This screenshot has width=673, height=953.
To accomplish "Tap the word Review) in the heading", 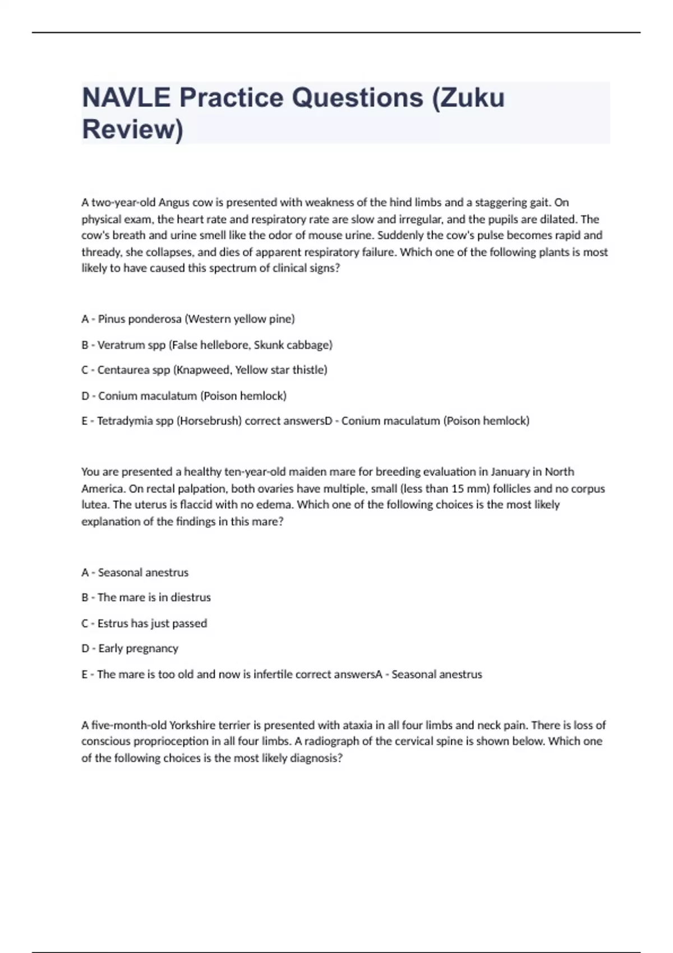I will pyautogui.click(x=132, y=129).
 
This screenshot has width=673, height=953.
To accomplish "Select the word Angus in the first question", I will pyautogui.click(x=174, y=202).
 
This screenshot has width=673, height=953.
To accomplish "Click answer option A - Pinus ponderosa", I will pyautogui.click(x=188, y=319).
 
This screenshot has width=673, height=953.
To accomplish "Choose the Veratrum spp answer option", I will pyautogui.click(x=207, y=345).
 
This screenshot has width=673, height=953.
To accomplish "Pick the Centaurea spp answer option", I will pyautogui.click(x=204, y=370).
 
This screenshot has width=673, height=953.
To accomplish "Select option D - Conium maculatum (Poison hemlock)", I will pyautogui.click(x=184, y=396).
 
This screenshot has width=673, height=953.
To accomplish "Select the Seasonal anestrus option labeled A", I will pyautogui.click(x=135, y=572).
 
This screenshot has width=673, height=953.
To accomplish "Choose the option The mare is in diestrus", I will pyautogui.click(x=146, y=598).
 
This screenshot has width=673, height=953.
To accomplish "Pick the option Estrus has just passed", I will pyautogui.click(x=144, y=623).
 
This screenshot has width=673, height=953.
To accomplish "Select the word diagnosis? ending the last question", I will pyautogui.click(x=316, y=758).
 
